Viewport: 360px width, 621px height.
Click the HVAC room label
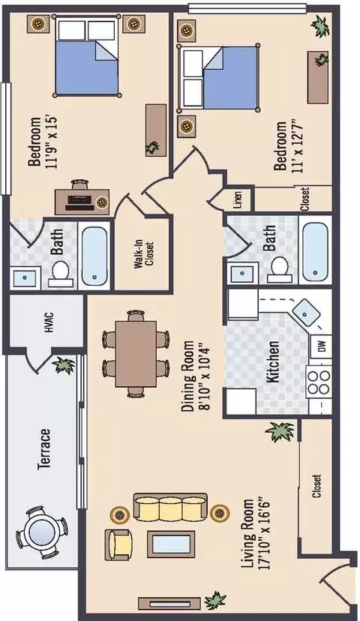(49, 322)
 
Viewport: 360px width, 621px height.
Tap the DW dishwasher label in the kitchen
(322, 346)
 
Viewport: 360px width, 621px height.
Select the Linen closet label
(238, 200)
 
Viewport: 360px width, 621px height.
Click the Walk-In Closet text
(144, 255)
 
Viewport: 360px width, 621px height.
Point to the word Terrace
(44, 449)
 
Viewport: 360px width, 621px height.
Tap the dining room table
(136, 354)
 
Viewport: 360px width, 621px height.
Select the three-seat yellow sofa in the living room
(170, 507)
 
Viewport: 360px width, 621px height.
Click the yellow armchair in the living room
(118, 545)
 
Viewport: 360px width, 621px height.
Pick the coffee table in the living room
(171, 544)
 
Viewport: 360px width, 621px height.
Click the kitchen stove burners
(319, 382)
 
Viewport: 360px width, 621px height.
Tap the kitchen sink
(306, 313)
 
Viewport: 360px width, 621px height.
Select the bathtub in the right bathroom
(315, 250)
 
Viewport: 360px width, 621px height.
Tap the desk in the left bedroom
(82, 202)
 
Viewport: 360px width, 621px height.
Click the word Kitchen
(272, 361)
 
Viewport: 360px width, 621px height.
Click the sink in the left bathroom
(25, 278)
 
